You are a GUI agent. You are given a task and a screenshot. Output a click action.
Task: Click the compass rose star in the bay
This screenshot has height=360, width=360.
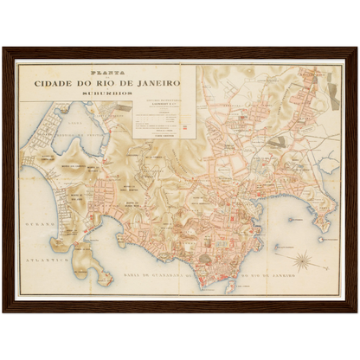point(304,258)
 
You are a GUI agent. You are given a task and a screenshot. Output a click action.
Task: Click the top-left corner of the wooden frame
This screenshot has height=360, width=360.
point(3,48)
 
